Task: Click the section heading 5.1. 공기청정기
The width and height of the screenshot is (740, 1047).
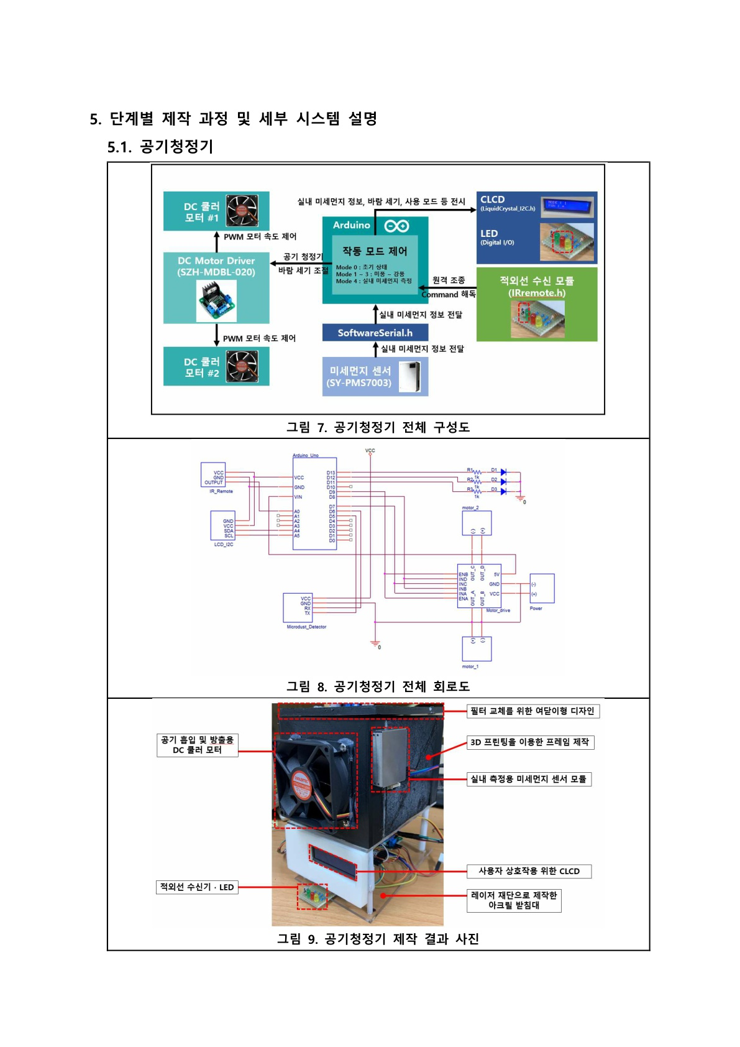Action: pos(160,147)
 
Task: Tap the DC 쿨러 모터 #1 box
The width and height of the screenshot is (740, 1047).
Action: pos(216,211)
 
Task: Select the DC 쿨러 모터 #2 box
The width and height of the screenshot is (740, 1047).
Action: pos(216,366)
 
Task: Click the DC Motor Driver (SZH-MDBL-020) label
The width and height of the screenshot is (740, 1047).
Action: pos(216,266)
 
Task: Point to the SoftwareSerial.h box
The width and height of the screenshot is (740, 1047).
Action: pos(375,333)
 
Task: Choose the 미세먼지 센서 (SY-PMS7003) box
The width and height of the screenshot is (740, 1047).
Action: pos(375,377)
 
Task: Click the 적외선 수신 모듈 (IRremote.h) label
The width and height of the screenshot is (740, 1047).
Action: pos(536,287)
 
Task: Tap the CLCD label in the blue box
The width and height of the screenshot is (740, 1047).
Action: pos(493,200)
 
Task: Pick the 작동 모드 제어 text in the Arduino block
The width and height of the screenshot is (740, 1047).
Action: pos(375,251)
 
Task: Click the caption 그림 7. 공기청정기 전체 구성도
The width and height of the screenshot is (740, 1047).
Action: pos(378,427)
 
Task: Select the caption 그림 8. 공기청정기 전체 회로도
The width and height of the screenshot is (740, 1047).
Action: pos(378,686)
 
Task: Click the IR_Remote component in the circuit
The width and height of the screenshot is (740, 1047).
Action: pos(213,476)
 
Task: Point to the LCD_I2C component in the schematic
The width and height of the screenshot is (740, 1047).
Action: pos(222,527)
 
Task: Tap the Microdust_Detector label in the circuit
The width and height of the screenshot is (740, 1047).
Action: pos(306,627)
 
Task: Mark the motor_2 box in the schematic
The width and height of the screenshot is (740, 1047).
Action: pos(477,523)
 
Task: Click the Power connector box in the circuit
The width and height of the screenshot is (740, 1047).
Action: pos(541,588)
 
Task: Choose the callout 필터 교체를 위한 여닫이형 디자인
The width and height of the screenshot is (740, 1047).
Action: pos(532,711)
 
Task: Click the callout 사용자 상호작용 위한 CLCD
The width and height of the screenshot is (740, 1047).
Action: pos(529,871)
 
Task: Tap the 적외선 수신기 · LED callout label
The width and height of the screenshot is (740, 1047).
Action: pos(197,887)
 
